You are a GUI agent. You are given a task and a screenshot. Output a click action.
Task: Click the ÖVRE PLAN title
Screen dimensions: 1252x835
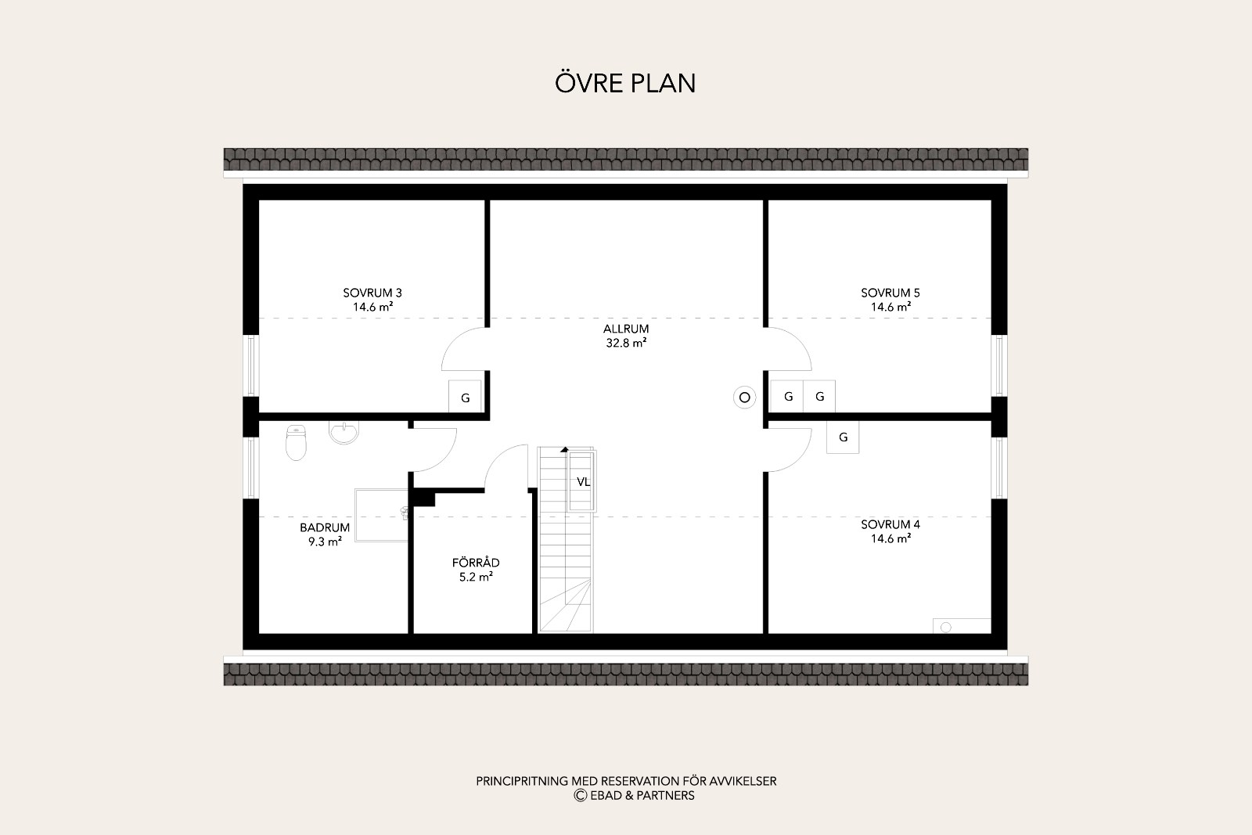[x=625, y=83]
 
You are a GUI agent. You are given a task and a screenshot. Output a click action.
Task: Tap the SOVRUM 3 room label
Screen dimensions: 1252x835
[x=372, y=293]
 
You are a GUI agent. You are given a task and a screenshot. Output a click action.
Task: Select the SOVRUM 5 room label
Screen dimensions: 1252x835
[x=890, y=293]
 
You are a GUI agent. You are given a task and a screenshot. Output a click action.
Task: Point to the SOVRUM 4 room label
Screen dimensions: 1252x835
[x=890, y=524]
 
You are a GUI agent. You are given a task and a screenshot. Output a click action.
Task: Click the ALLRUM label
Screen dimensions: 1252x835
[x=626, y=329]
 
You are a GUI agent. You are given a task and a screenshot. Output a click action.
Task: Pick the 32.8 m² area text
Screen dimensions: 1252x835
[x=626, y=343]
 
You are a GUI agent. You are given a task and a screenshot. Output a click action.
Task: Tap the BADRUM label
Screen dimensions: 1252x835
[x=325, y=527]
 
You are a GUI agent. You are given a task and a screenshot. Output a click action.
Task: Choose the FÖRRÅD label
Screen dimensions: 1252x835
[x=476, y=562]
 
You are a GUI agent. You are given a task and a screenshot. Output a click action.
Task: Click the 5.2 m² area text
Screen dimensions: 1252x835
[x=476, y=577]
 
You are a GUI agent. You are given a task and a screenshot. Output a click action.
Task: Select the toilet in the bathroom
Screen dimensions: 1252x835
[x=297, y=442]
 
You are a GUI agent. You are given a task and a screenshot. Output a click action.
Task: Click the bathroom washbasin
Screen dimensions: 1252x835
[x=344, y=432]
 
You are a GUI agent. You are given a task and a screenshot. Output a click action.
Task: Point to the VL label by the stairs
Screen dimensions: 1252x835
[x=584, y=482]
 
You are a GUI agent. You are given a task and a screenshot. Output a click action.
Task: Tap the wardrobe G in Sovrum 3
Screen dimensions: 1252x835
[x=465, y=397]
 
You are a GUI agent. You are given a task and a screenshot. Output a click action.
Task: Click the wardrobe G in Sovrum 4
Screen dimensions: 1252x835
[x=843, y=437]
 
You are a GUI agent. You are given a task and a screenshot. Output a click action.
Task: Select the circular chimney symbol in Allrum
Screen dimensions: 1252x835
[x=744, y=398]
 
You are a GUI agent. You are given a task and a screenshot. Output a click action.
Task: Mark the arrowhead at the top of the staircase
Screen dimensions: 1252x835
[x=564, y=449]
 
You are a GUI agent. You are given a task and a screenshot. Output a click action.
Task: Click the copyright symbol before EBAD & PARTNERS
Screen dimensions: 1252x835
[x=580, y=795]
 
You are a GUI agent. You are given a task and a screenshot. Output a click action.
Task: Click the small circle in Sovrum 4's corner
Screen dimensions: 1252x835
[x=946, y=627]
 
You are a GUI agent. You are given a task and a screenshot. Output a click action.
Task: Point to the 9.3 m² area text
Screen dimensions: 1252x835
[x=325, y=542]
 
